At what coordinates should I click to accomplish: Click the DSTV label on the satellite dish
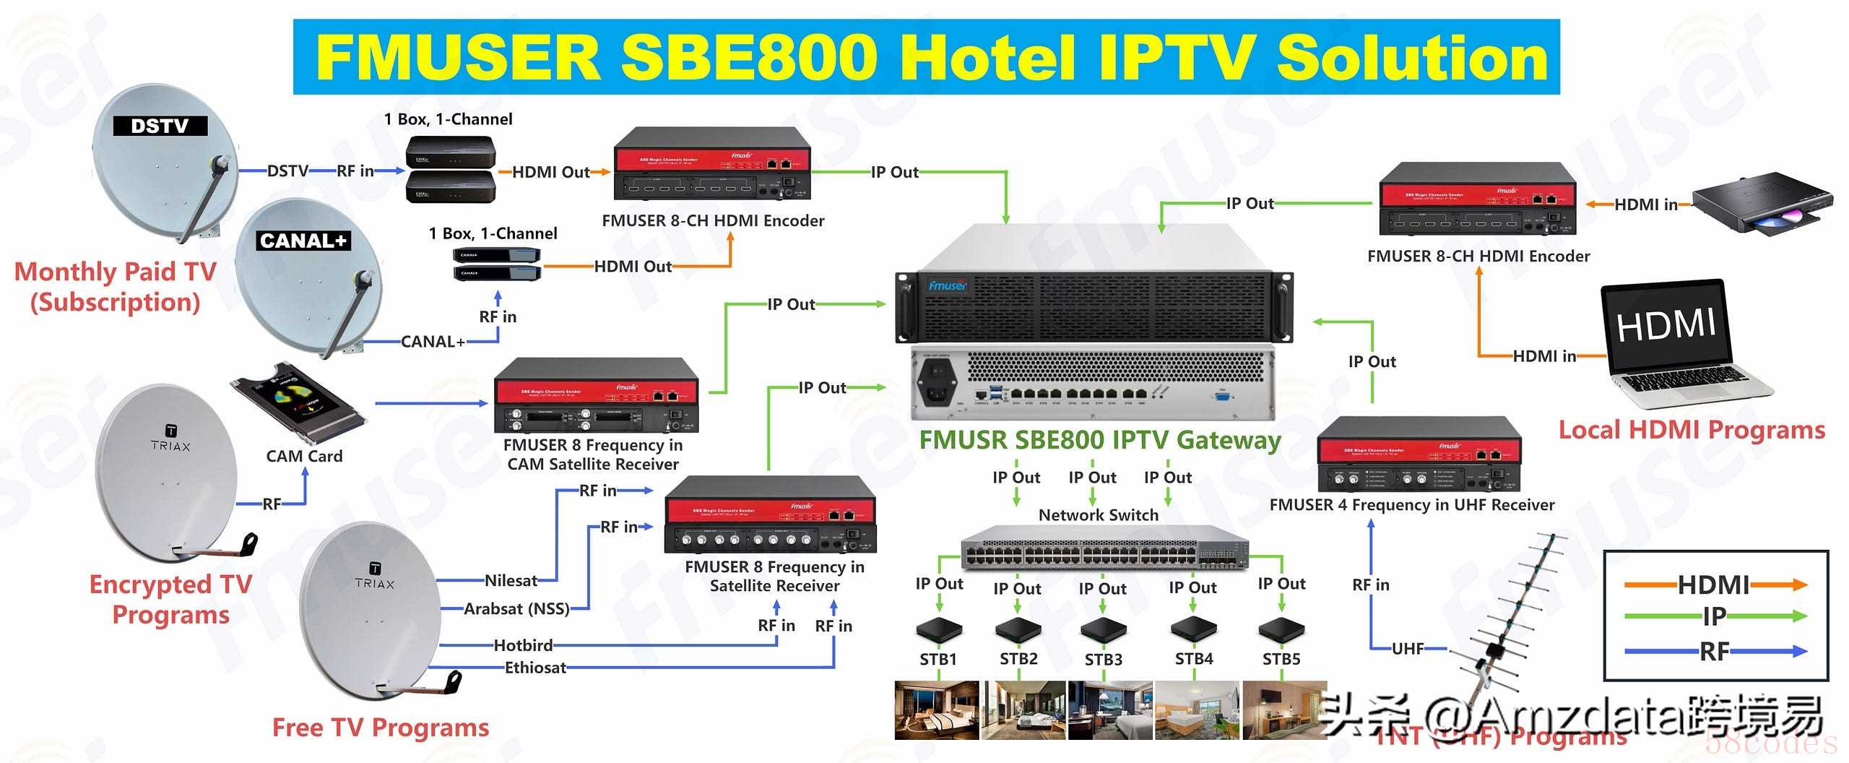tap(160, 126)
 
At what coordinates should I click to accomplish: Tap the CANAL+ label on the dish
tap(303, 241)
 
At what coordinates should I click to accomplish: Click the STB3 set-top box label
tap(1103, 660)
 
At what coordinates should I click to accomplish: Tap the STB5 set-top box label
tap(1281, 659)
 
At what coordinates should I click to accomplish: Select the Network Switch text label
tap(1098, 515)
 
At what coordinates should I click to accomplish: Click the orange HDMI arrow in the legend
tap(1715, 585)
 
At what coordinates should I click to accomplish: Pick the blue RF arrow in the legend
tap(1715, 652)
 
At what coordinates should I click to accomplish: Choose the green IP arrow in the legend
tap(1715, 616)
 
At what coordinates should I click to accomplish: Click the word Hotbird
tap(523, 645)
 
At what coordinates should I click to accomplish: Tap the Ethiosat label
tap(535, 668)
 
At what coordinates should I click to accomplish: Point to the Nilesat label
tap(511, 580)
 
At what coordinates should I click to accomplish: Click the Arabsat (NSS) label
tap(516, 608)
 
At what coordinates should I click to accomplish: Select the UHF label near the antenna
tap(1408, 649)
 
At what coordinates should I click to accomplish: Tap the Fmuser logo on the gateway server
tap(948, 285)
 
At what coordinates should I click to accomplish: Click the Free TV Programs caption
tap(381, 728)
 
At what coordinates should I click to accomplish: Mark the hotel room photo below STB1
tap(937, 710)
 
